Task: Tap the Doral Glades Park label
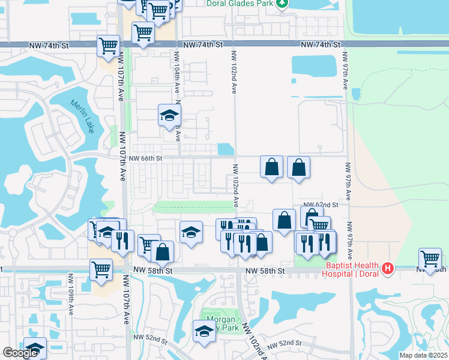pos(240,3)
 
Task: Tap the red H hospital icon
pos(388,268)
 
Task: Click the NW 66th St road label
pos(146,158)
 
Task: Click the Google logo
pos(20,353)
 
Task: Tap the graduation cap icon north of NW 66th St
pos(170,115)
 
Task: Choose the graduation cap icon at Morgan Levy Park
pos(204,331)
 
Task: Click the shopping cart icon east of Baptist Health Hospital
pos(430,259)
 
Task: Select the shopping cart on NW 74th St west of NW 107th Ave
pos(109,46)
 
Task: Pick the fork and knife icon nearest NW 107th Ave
pos(122,241)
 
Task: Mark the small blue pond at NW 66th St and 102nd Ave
pos(225,149)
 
